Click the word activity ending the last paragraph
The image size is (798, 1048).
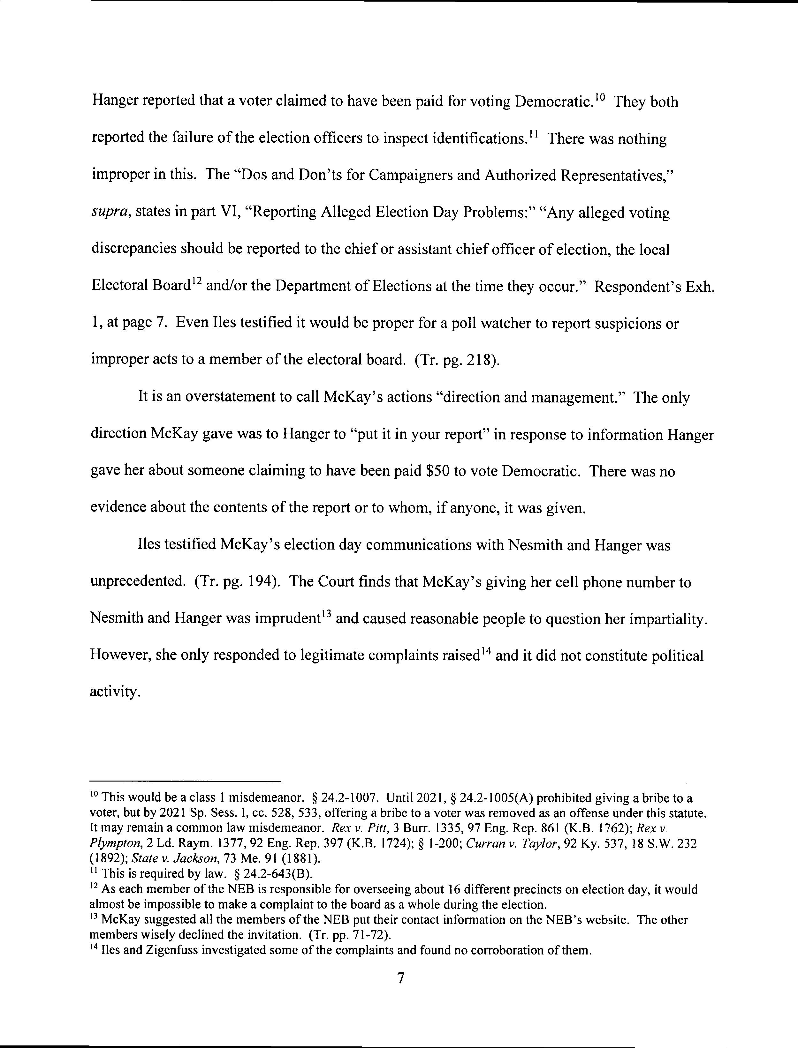pyautogui.click(x=114, y=692)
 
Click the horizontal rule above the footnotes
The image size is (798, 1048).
pyautogui.click(x=185, y=781)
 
